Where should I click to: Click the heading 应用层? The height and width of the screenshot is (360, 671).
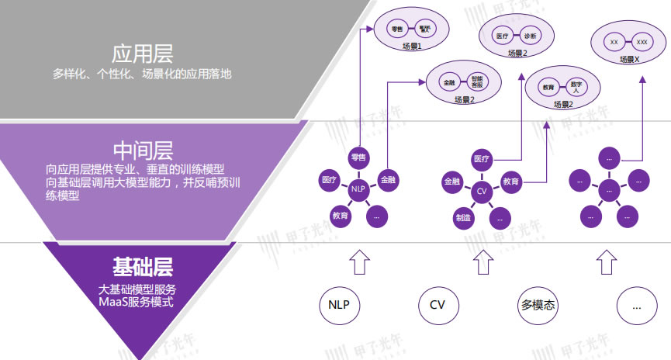(x=142, y=54)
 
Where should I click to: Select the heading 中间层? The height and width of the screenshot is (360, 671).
(x=142, y=148)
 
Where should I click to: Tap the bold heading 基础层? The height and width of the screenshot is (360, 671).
(x=142, y=267)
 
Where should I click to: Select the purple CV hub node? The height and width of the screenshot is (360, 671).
(x=481, y=190)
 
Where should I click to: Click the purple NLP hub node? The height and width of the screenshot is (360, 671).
(x=358, y=189)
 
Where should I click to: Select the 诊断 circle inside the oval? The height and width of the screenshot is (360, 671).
(x=530, y=35)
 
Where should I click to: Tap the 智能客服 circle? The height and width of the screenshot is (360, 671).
(x=476, y=81)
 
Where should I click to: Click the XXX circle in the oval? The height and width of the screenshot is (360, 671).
(x=642, y=41)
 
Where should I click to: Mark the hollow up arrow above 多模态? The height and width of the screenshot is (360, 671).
(x=482, y=261)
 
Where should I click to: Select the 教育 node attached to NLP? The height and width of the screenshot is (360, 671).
(x=340, y=215)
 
